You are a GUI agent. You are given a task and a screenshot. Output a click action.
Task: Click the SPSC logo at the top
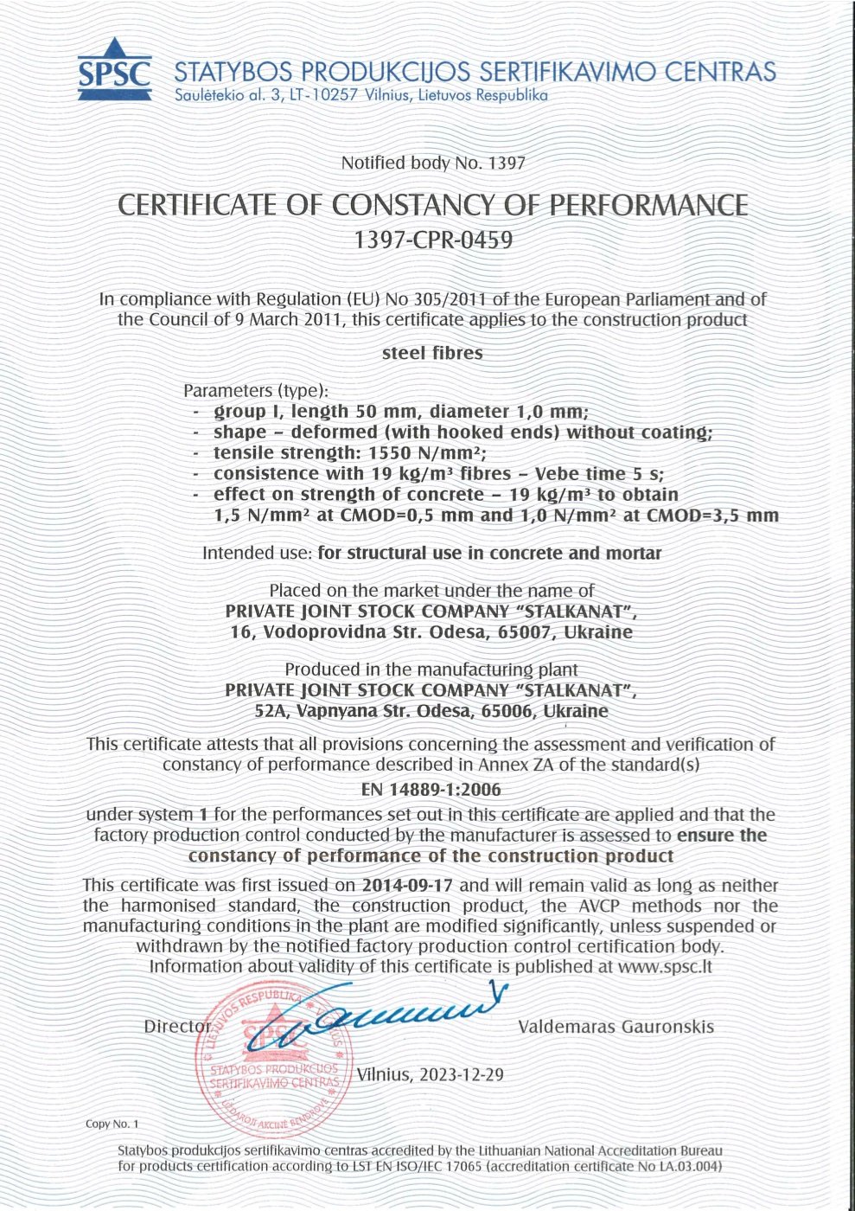coord(115,70)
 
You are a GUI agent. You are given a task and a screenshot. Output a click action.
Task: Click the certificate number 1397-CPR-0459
coord(433,240)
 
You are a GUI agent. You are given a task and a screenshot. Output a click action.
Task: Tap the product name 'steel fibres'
coord(432,353)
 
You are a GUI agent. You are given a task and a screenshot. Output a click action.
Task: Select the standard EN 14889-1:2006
coord(431,790)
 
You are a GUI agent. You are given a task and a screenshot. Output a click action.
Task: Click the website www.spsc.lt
coord(665,966)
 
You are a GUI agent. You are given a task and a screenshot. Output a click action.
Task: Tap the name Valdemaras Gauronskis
coord(616,1027)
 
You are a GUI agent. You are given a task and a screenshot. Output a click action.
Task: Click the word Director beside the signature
coord(177,1027)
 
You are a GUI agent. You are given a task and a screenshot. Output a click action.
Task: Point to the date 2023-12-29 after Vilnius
coord(462,1075)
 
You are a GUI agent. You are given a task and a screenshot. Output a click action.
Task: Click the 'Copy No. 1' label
coord(112,1124)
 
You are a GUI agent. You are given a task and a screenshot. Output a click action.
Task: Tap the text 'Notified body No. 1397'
coord(432,163)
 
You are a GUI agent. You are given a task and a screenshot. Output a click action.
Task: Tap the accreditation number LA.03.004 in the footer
coord(686,1166)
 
